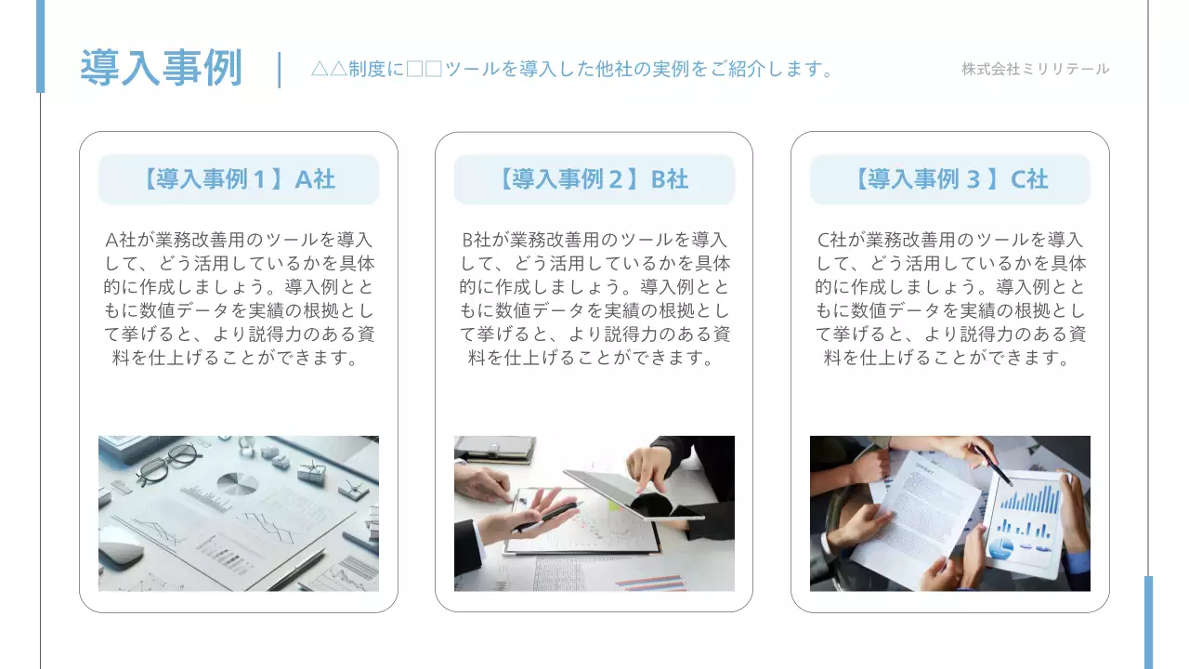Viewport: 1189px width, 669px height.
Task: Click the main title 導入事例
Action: click(161, 68)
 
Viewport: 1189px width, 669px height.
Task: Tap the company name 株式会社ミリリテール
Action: click(1035, 69)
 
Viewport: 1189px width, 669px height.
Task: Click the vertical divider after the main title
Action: click(280, 70)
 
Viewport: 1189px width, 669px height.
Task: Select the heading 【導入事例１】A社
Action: click(239, 179)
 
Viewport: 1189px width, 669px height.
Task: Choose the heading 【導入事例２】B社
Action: click(594, 179)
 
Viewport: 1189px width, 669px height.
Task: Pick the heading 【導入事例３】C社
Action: click(949, 179)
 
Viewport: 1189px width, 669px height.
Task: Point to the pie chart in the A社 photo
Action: click(238, 483)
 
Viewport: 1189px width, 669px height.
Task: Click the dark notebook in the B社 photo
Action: click(493, 447)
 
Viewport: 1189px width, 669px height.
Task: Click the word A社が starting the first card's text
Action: click(126, 241)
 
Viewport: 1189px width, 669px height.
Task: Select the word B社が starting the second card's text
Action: click(482, 241)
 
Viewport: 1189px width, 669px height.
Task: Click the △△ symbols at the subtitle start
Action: click(329, 69)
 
